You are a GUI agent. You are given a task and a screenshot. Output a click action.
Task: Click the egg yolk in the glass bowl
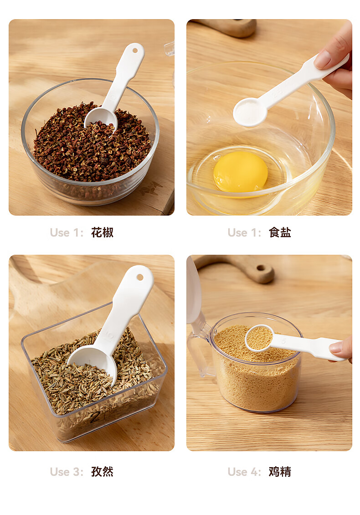click(241, 171)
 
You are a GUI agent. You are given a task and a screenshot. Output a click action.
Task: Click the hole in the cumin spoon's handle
click(140, 277)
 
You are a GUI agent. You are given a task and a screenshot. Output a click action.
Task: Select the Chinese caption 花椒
click(102, 232)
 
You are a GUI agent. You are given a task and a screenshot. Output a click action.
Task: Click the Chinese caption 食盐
click(280, 232)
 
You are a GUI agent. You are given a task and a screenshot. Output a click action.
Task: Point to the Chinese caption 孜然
click(102, 472)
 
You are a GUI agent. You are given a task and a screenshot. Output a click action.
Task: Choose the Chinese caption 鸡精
click(280, 472)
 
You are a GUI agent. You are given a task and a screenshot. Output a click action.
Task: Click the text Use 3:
click(67, 472)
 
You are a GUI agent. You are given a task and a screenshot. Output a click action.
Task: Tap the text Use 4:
click(244, 472)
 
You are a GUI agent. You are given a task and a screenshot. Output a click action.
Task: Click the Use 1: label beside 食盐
click(244, 233)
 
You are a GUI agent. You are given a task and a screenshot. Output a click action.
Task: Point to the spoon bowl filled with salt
click(250, 112)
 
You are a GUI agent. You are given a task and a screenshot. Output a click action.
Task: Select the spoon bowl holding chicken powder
click(259, 338)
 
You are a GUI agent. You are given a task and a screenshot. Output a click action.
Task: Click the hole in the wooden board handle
click(261, 268)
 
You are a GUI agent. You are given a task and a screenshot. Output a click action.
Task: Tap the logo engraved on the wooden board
click(151, 188)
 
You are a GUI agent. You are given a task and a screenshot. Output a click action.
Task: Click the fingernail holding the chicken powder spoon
click(336, 347)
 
